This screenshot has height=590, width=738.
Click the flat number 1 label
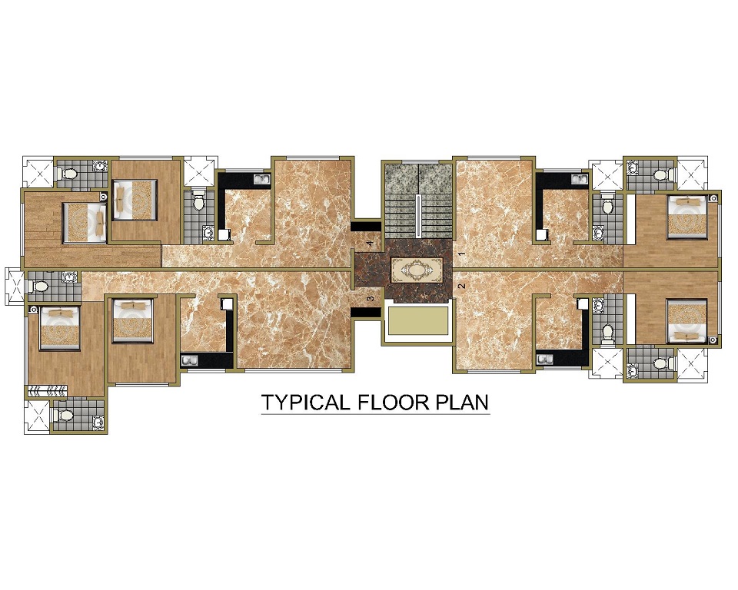(462, 254)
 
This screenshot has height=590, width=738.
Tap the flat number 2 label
(462, 286)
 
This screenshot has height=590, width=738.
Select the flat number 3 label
(370, 298)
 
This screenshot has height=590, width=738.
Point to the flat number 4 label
(370, 244)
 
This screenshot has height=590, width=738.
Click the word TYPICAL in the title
(305, 403)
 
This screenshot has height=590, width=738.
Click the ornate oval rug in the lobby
(417, 270)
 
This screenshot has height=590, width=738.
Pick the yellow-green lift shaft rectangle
(417, 322)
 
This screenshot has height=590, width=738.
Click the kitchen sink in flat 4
(261, 179)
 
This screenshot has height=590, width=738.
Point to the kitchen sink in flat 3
(189, 361)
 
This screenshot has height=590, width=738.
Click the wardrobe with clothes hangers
(48, 389)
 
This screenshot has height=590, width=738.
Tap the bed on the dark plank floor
(85, 223)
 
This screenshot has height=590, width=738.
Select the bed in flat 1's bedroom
(687, 217)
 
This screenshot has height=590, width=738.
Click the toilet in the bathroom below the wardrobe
(62, 415)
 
